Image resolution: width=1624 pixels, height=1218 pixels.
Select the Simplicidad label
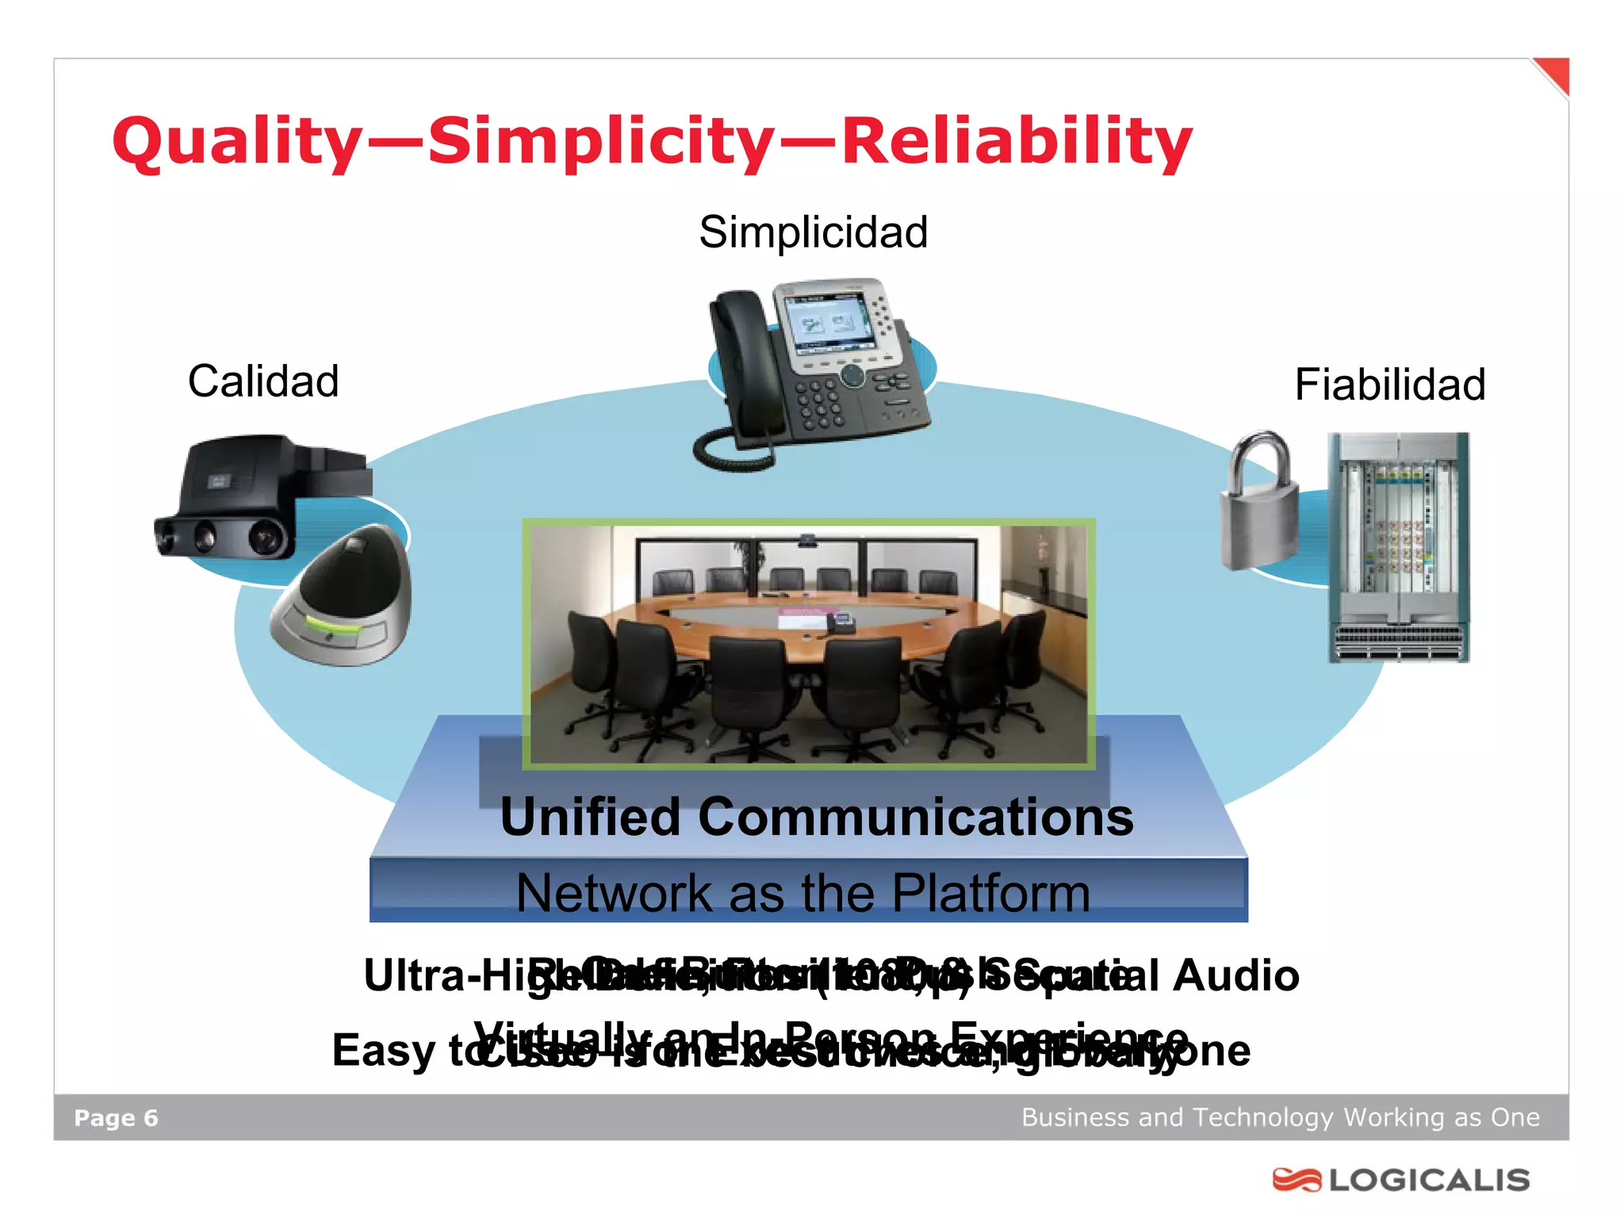[813, 232]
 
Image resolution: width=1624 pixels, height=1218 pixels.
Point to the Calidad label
[263, 381]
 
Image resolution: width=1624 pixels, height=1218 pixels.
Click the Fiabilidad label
[1389, 385]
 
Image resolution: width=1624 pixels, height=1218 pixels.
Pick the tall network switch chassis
[1399, 547]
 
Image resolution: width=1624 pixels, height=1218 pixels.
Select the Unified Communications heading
[817, 818]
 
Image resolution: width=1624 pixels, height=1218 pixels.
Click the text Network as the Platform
[802, 894]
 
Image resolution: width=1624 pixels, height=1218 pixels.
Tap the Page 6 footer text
[116, 1118]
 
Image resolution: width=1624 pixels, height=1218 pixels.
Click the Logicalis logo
[1401, 1180]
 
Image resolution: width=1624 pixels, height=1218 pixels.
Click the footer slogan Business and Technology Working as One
[1280, 1117]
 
